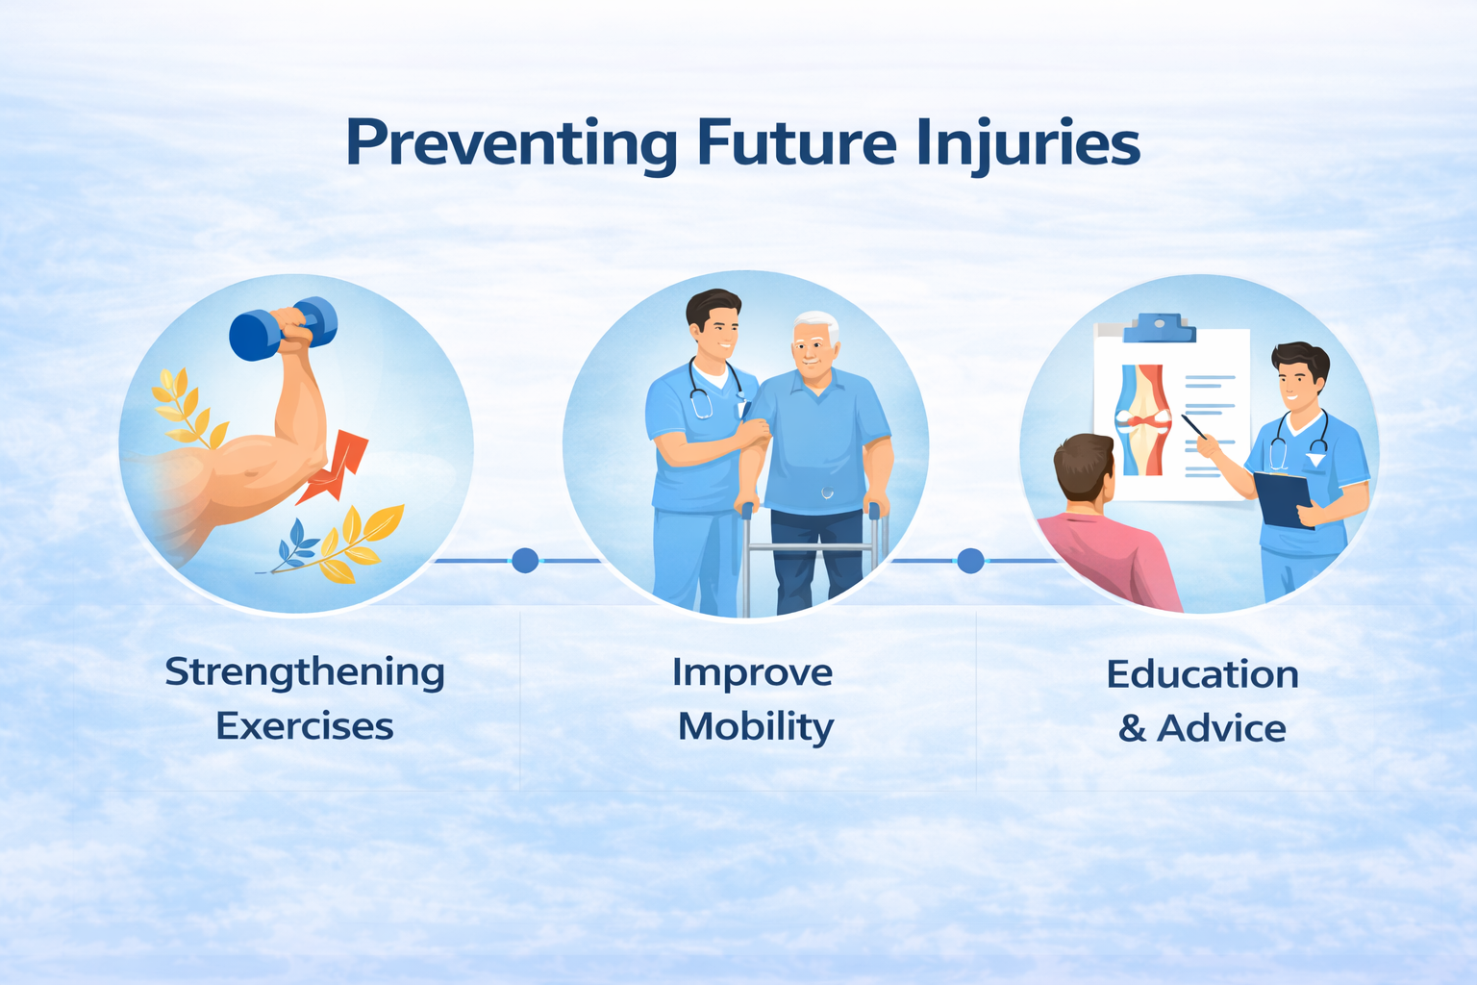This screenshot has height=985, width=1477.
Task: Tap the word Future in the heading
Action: point(796,142)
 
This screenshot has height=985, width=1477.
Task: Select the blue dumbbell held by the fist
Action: point(283,329)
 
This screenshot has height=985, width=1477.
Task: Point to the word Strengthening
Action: point(305,673)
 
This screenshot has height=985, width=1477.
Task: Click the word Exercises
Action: point(305,726)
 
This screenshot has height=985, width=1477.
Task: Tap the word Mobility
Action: point(757,728)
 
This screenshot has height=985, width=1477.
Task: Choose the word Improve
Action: point(752,674)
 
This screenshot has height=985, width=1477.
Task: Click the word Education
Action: point(1203,674)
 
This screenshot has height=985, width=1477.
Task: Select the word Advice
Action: point(1221,728)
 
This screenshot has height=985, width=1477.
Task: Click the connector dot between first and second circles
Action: point(525,560)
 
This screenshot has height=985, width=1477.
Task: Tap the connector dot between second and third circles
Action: point(970,560)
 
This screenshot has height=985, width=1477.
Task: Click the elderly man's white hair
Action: point(817,324)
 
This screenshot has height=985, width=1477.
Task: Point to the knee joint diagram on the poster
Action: point(1142,419)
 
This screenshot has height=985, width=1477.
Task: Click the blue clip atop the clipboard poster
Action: point(1159,328)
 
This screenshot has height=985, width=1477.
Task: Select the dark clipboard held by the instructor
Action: point(1283,499)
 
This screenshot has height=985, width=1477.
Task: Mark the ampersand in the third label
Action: point(1132,728)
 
